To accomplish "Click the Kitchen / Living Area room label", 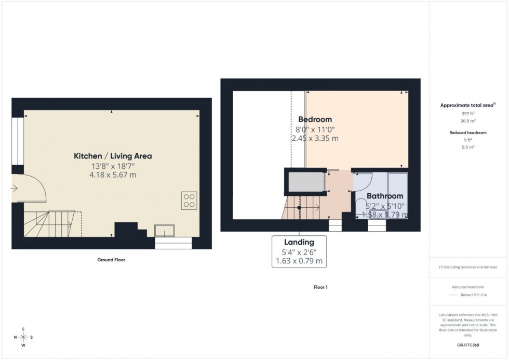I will (x=113, y=156).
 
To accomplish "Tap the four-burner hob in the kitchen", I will (x=189, y=200).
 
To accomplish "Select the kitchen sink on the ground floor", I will (x=166, y=230).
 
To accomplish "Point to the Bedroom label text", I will (x=315, y=119).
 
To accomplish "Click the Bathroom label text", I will (x=385, y=196).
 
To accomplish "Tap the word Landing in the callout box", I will (x=299, y=242).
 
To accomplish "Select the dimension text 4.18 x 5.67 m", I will (x=113, y=175).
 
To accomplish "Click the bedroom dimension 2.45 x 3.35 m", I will (x=315, y=138).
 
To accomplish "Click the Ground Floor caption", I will (x=111, y=260).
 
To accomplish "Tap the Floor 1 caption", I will (x=320, y=287).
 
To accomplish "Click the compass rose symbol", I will (x=23, y=337).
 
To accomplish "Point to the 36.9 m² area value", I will (x=468, y=120).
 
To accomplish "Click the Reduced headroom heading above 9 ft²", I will (x=468, y=133).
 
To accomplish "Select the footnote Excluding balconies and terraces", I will (x=468, y=267).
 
